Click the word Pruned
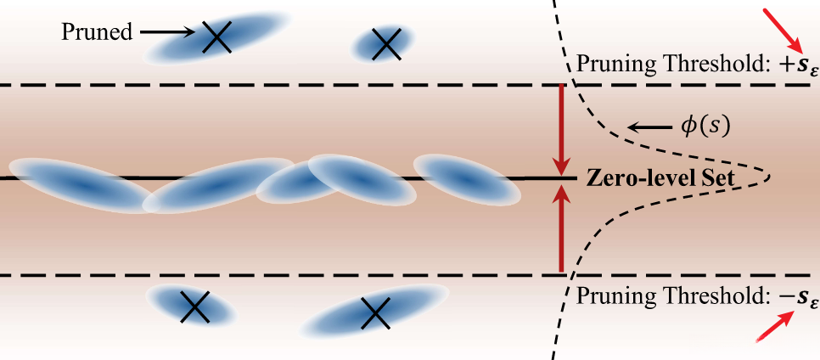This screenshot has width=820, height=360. click(x=97, y=33)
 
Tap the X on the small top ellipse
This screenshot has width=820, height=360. click(x=385, y=43)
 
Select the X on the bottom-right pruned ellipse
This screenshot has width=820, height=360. click(x=373, y=314)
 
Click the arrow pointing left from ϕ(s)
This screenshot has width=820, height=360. click(x=649, y=128)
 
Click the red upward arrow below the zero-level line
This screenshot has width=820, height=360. click(x=560, y=228)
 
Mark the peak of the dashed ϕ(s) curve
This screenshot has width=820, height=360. click(x=769, y=177)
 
